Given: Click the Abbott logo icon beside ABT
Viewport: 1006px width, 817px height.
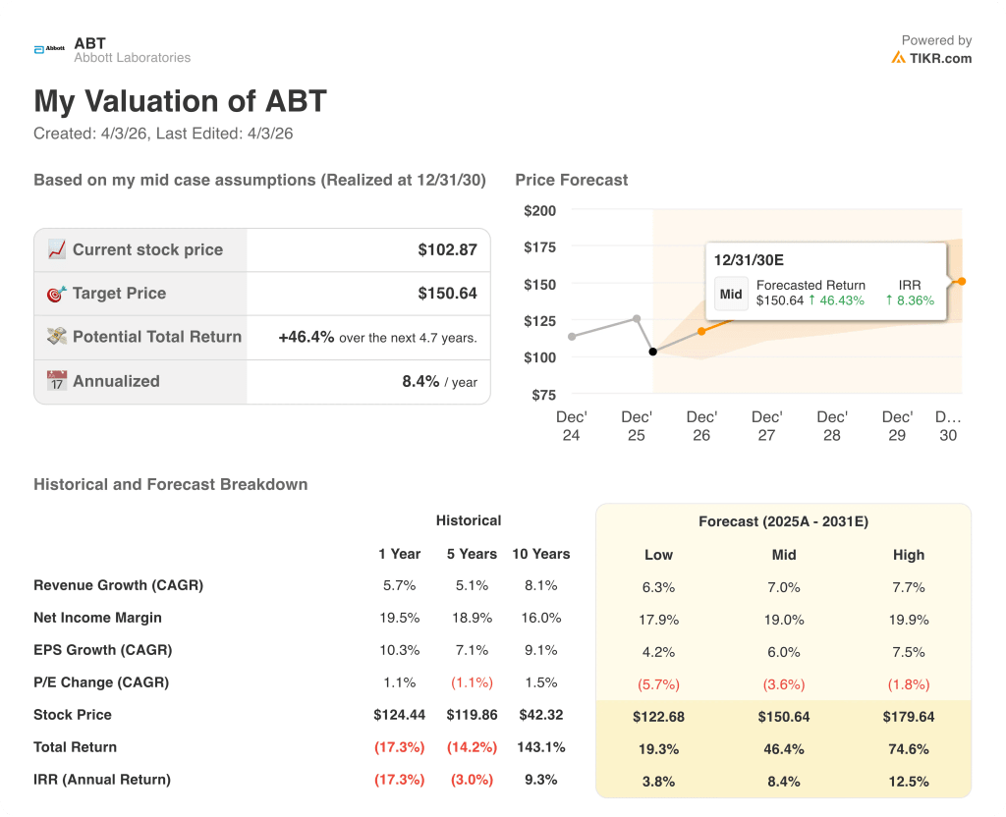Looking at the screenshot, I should pos(48,49).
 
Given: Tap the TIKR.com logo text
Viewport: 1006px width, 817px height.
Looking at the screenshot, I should pos(940,58).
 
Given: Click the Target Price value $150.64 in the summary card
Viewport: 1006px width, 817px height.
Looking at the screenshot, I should pos(447,294).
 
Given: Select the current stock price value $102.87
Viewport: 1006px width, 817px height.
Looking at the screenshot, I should pos(447,250).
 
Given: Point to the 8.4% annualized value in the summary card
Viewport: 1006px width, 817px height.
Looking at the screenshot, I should pos(420,381).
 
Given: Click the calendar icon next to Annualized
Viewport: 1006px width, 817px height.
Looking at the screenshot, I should pos(57,381).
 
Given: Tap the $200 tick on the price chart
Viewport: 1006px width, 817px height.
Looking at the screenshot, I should pos(539,210).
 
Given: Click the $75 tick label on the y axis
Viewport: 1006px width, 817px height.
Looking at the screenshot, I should pos(542,395).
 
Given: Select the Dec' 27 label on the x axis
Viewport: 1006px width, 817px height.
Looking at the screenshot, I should pos(766,426).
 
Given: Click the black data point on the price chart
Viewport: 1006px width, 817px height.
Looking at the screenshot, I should pos(653,352).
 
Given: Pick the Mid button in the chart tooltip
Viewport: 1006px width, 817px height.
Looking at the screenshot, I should pos(731,294).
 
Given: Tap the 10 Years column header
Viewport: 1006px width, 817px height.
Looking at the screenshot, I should pos(540,554).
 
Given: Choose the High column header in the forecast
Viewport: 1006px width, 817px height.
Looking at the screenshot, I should pos(909,555).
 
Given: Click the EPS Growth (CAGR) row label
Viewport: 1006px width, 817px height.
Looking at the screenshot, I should pos(102,650).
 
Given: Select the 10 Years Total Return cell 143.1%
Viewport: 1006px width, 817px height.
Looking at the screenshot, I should pos(540,747).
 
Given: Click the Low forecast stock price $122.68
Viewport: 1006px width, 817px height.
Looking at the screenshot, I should pos(658,717).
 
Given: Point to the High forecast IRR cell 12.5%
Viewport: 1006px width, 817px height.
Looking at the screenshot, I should pos(909,782).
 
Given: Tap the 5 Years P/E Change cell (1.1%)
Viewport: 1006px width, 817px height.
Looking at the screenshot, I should pos(472,682).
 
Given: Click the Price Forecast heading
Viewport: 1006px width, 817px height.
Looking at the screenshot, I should pos(571,180).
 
